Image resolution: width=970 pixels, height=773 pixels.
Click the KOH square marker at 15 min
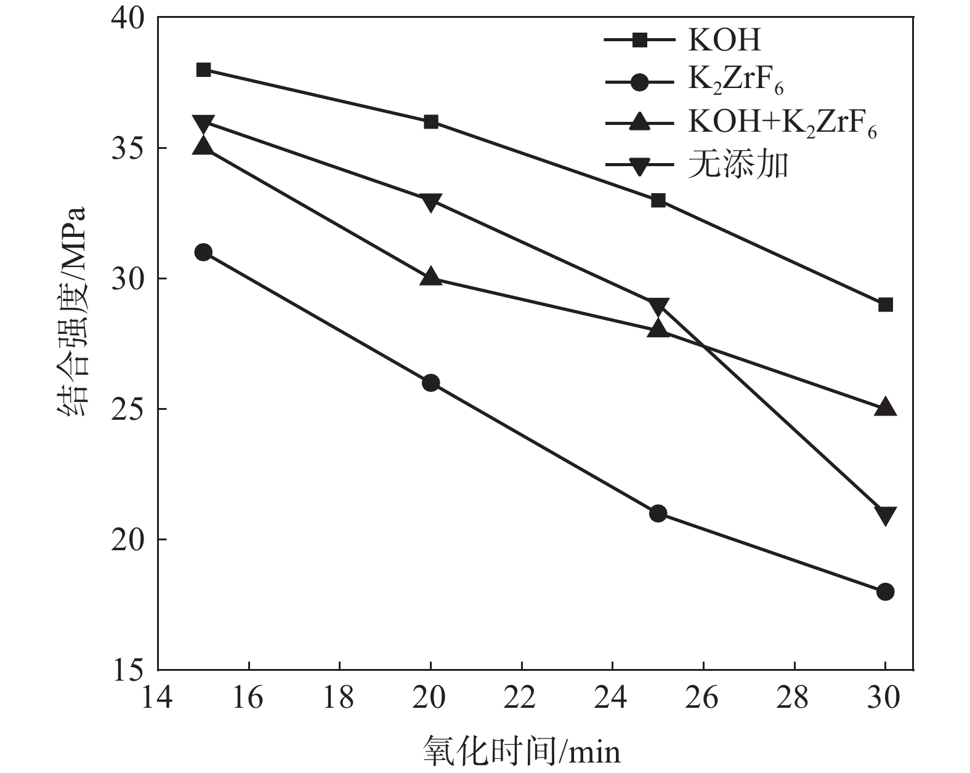click(x=203, y=70)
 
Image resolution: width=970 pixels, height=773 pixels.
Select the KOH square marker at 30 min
click(x=885, y=305)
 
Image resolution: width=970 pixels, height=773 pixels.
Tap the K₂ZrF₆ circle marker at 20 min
click(x=430, y=383)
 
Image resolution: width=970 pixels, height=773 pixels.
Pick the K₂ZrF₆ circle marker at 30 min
click(x=885, y=591)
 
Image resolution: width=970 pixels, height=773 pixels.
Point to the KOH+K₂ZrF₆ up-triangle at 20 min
click(x=430, y=277)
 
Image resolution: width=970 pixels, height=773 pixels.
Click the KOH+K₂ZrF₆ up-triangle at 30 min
click(x=885, y=407)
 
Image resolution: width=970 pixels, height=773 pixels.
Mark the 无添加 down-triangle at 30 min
click(x=885, y=515)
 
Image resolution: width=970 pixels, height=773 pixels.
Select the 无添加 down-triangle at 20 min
click(x=430, y=202)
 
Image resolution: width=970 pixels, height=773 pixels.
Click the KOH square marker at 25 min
click(x=658, y=200)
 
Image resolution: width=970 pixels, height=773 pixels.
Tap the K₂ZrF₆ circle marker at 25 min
click(x=658, y=513)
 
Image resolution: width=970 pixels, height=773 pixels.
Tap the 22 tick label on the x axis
click(x=521, y=698)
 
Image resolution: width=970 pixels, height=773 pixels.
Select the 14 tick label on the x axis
click(x=158, y=698)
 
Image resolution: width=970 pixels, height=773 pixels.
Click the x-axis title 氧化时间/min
click(x=522, y=751)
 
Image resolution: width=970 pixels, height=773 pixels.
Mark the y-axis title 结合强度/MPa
click(x=73, y=312)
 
